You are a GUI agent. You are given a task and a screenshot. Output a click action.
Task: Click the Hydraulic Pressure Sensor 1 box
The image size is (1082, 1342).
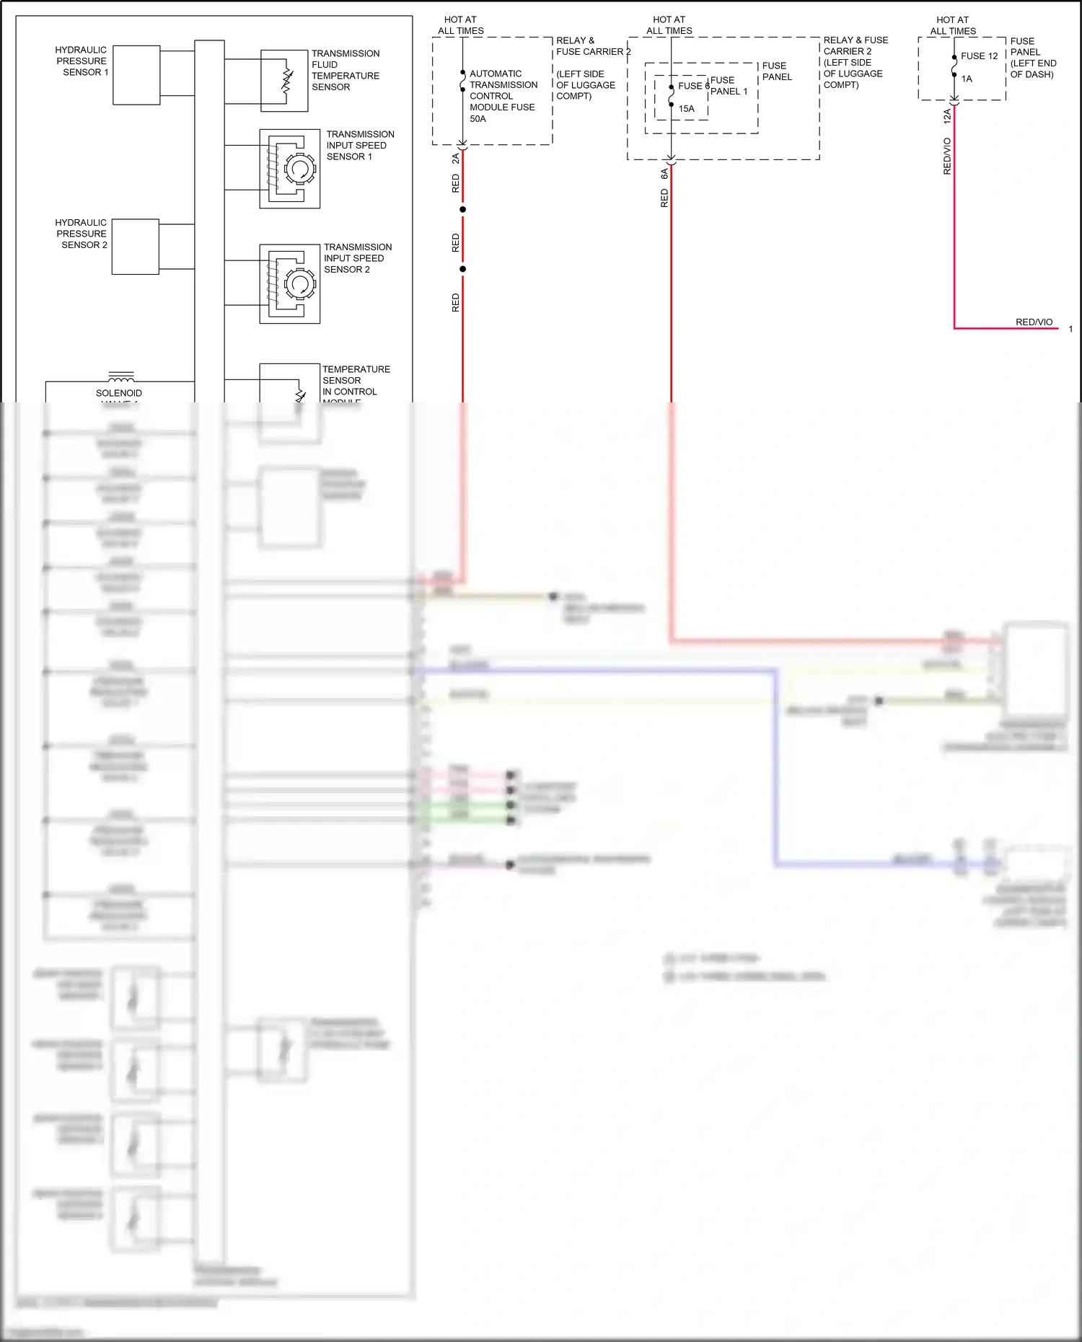point(136,75)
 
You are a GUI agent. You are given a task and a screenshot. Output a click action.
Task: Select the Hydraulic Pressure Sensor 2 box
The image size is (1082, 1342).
point(135,247)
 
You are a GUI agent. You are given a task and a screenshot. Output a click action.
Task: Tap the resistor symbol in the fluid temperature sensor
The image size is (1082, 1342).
point(287,81)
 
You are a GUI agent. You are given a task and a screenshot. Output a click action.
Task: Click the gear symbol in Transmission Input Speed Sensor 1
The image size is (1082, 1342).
point(299,169)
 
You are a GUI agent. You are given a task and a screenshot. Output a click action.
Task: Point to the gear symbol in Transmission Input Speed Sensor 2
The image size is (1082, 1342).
point(299,283)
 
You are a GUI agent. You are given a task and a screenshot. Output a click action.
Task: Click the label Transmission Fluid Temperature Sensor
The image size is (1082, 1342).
point(345,70)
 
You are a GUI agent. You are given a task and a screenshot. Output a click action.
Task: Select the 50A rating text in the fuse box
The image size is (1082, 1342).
point(478,119)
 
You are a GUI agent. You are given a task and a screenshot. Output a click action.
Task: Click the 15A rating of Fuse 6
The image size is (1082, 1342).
point(686,109)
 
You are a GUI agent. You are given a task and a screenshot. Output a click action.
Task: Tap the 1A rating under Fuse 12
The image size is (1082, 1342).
point(967,79)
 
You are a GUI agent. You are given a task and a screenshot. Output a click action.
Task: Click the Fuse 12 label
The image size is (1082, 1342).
point(979,56)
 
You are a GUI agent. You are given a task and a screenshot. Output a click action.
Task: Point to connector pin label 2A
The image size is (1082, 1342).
point(455,159)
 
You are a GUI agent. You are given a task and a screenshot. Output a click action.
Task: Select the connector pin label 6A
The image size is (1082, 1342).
point(664,174)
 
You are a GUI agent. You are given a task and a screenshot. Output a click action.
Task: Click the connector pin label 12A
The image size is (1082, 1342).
point(947,116)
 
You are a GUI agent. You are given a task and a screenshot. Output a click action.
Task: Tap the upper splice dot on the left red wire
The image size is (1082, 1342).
point(462,210)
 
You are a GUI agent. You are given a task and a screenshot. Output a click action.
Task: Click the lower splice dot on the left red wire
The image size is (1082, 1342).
point(462,269)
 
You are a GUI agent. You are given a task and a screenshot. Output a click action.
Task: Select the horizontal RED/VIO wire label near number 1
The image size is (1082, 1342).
point(1034,322)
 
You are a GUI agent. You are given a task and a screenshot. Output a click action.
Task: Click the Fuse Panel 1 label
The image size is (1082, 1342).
point(729,86)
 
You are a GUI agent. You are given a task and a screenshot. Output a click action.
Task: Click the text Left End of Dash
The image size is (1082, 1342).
point(1032,69)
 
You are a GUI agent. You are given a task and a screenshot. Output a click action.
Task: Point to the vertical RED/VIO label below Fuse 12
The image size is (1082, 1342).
point(947,156)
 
